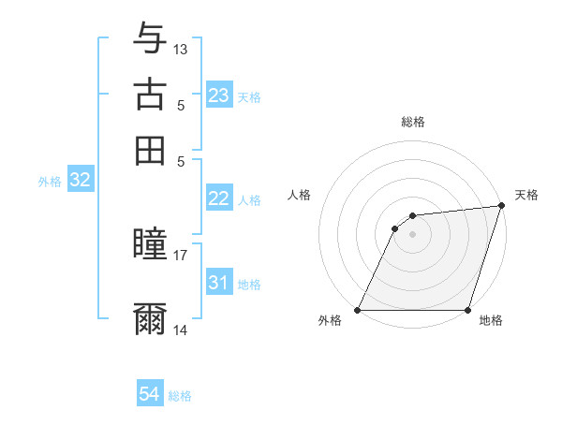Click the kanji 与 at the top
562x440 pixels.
coord(150,39)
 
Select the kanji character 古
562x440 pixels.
coord(150,94)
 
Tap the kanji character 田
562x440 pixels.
coord(150,150)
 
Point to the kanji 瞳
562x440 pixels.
coord(150,246)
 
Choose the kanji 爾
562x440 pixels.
coord(150,318)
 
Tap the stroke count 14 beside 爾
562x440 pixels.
coord(181,330)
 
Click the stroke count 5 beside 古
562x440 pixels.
coord(181,106)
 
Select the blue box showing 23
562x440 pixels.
coord(219,95)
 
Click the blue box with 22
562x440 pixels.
coord(219,198)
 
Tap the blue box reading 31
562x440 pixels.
coord(219,283)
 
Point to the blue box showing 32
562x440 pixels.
coord(80,181)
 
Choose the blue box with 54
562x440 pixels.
coord(150,395)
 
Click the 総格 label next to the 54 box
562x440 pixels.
coord(180,396)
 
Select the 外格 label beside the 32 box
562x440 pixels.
coord(50,182)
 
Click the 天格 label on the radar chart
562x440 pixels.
coord(526,195)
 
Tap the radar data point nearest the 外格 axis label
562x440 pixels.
coord(358,310)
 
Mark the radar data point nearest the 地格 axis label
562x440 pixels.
coord(467,310)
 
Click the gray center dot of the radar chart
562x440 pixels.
coord(412,234)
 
